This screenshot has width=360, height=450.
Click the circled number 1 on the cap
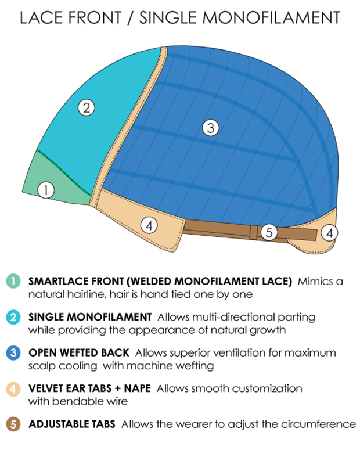(x=46, y=190)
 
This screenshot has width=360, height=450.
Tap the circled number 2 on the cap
(x=87, y=107)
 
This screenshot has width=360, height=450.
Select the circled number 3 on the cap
(x=211, y=128)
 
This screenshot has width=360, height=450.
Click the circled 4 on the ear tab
(x=149, y=225)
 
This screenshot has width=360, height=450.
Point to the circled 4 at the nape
(x=329, y=233)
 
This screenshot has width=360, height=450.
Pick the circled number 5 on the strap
(x=269, y=232)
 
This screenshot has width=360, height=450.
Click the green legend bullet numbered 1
(x=13, y=281)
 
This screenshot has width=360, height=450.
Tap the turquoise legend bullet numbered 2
(x=13, y=317)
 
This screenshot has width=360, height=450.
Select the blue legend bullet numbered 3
(x=13, y=352)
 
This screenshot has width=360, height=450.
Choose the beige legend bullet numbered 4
(x=13, y=389)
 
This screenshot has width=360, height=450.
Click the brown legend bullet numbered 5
(x=13, y=424)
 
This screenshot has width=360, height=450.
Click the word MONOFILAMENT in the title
(x=271, y=17)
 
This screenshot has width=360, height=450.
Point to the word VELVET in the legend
(x=46, y=388)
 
